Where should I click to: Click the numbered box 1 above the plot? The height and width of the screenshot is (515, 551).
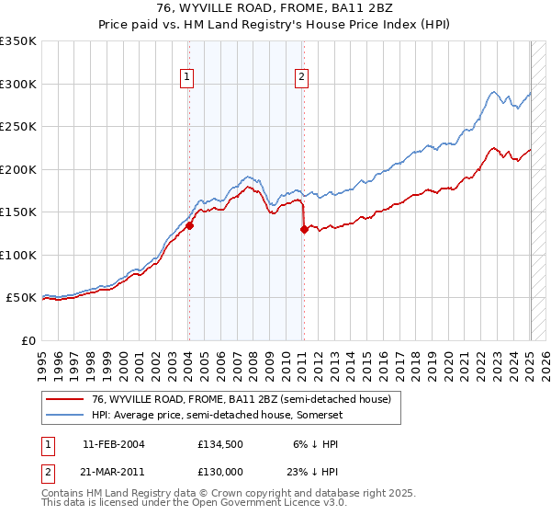pos(187,78)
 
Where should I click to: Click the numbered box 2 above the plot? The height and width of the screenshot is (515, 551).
pos(301,78)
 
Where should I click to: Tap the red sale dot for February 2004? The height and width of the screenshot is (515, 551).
pos(189,224)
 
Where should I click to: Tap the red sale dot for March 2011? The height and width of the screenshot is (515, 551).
pos(304,230)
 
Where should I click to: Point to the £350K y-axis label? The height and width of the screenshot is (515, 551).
pos(18,41)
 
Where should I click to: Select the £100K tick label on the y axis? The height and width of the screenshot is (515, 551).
pos(18,255)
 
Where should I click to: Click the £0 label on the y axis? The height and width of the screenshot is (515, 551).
pos(28,340)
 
